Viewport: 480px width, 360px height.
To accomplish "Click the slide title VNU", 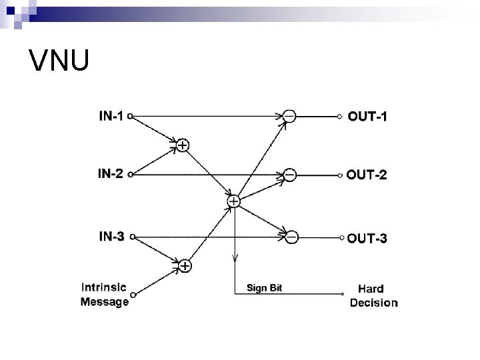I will coord(59,61).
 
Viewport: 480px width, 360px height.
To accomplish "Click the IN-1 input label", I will coord(111,116).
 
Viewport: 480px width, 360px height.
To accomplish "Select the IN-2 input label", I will coord(111,175).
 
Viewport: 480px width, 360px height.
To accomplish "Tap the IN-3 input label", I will coord(111,235).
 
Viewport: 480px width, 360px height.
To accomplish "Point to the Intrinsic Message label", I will coord(105,295).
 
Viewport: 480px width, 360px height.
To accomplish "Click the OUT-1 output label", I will coord(367,116).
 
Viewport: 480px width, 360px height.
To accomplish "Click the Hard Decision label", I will coord(374,295).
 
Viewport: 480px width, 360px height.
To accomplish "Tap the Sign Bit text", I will coord(265,288).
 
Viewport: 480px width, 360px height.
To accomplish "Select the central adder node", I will coord(234,200).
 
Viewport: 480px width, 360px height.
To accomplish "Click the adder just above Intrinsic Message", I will coord(185,266).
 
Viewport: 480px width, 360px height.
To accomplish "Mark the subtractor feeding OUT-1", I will coord(289,116).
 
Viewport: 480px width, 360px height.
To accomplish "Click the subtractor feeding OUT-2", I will coord(289,175).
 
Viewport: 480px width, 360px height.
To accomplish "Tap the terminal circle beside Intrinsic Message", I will coord(133,294).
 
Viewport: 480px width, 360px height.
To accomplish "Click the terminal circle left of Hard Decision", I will coord(342,294).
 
